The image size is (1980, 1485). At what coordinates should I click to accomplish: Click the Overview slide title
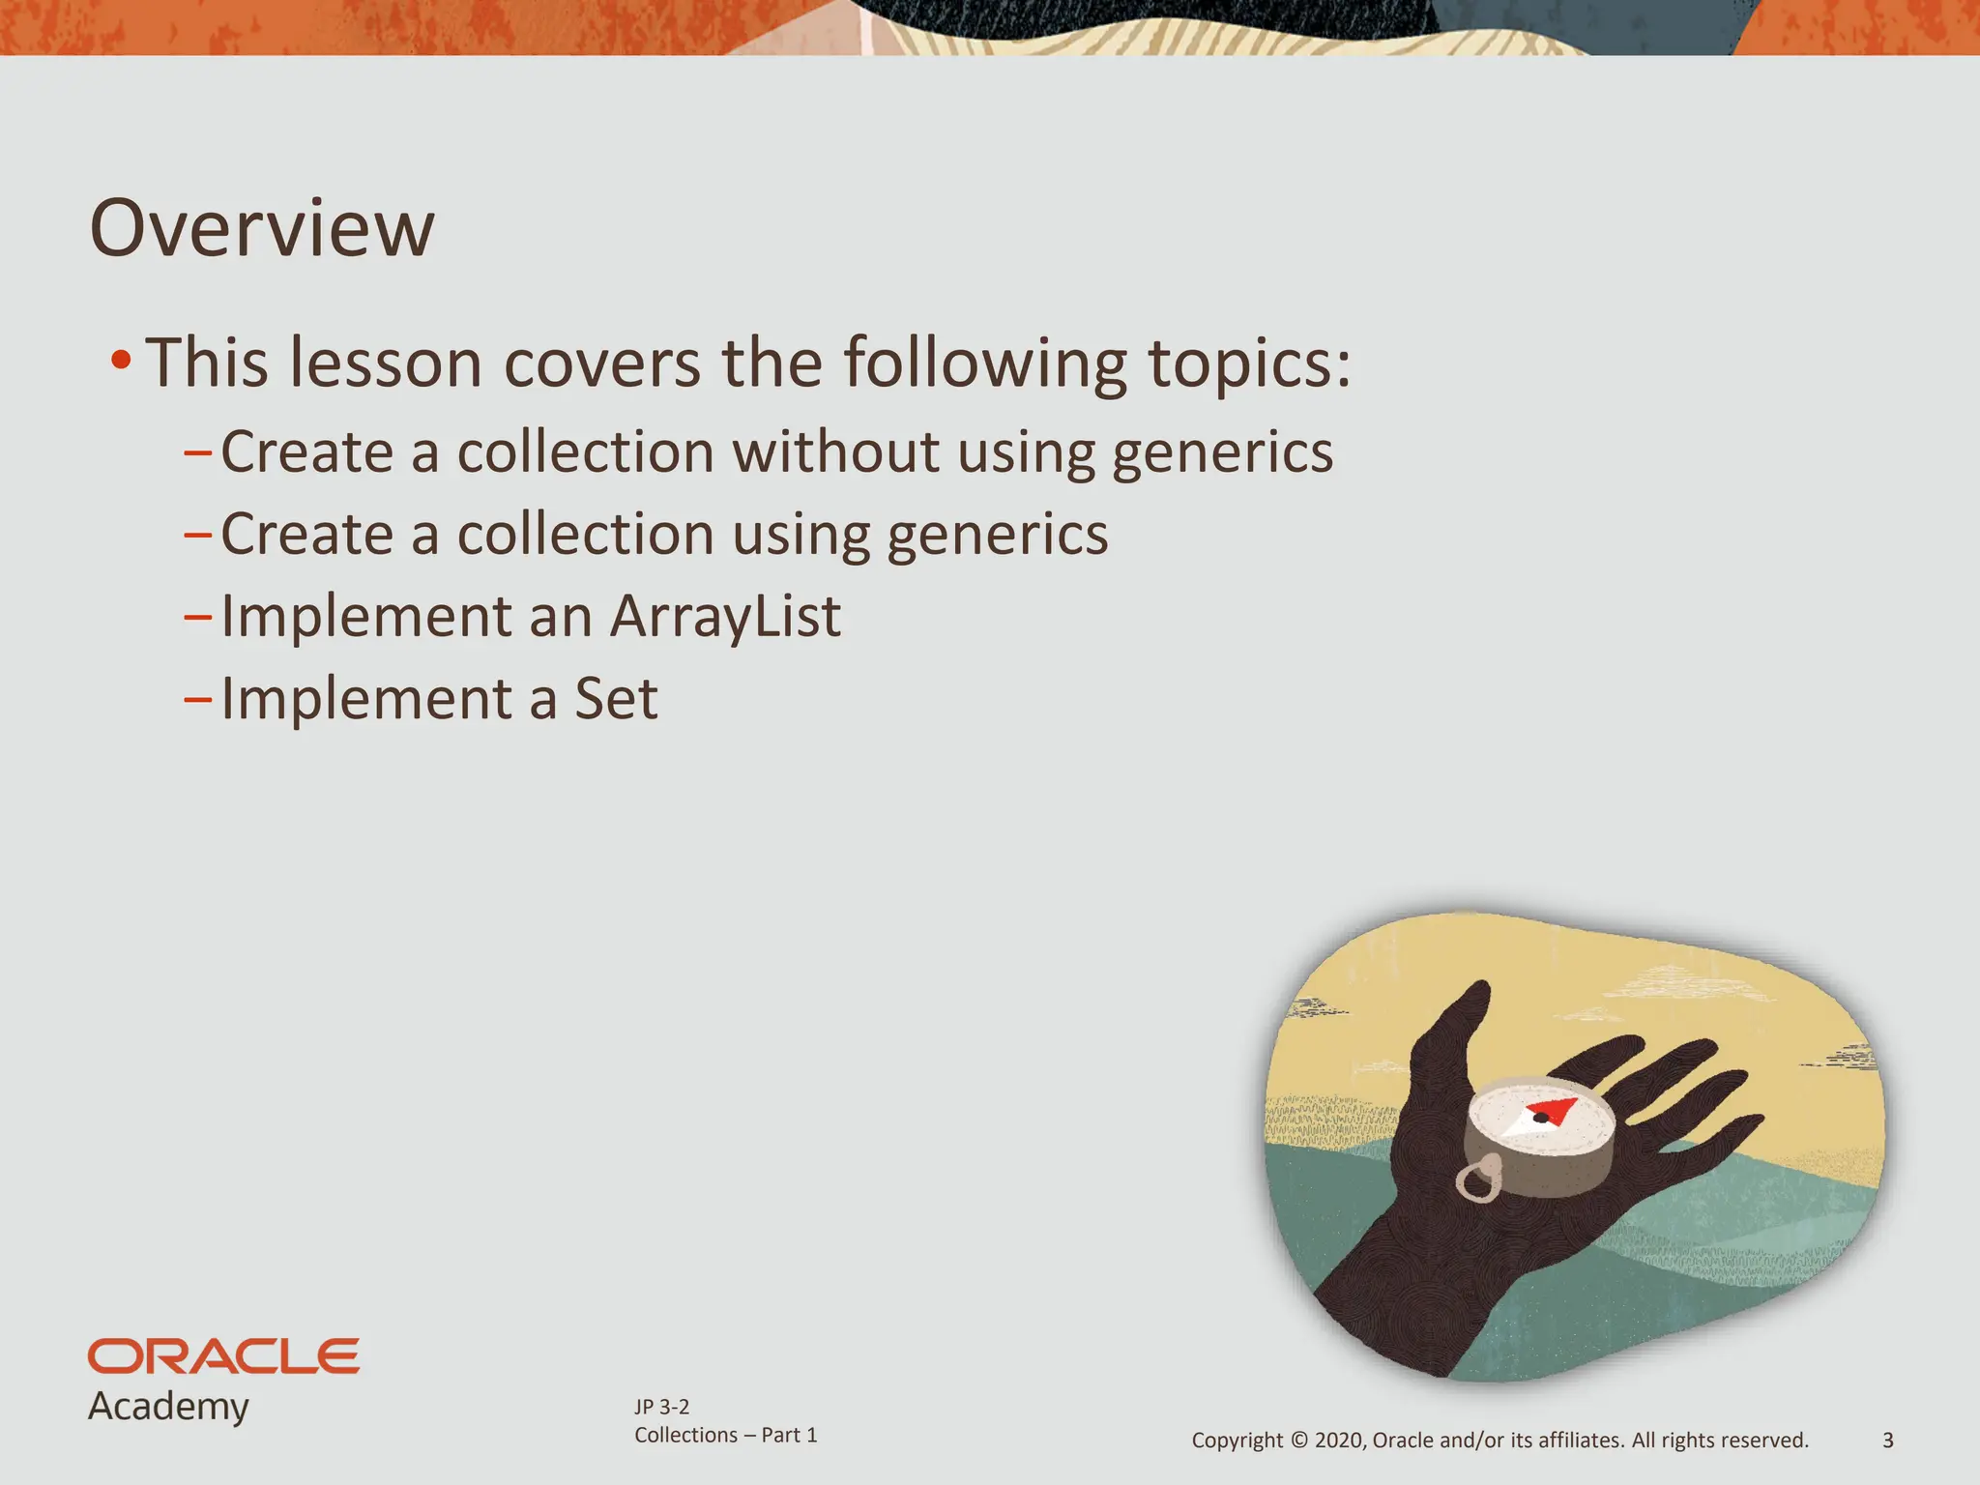[261, 229]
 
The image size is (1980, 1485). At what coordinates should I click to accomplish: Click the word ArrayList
[725, 617]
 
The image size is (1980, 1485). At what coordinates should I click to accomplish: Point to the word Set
[616, 699]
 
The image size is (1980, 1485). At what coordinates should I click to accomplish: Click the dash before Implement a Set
[197, 698]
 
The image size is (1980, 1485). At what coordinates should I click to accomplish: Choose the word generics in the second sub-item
[997, 535]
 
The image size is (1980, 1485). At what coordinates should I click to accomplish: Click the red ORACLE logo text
[223, 1356]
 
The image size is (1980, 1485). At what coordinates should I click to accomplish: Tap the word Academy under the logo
[168, 1406]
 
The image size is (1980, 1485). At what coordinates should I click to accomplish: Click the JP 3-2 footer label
[661, 1407]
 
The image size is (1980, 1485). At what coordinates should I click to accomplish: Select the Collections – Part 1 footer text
[725, 1435]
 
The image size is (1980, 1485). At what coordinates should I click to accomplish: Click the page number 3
[1888, 1441]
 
